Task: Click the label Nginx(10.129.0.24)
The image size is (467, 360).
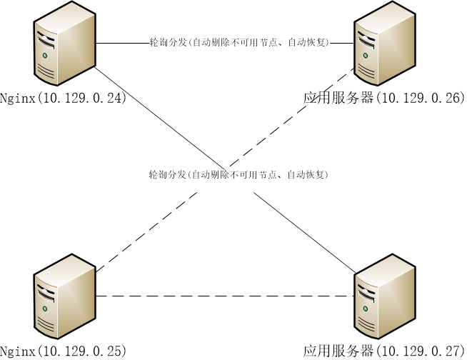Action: (63, 99)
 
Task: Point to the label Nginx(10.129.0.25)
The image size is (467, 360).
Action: (63, 351)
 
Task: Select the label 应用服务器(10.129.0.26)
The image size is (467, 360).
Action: (384, 99)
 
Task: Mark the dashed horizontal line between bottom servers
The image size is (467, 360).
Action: (225, 296)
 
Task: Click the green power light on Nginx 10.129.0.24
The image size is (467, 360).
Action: (45, 55)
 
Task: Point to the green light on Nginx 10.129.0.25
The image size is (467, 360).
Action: (45, 308)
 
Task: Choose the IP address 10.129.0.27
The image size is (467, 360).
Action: (420, 351)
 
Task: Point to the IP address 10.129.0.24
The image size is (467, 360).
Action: (82, 99)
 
